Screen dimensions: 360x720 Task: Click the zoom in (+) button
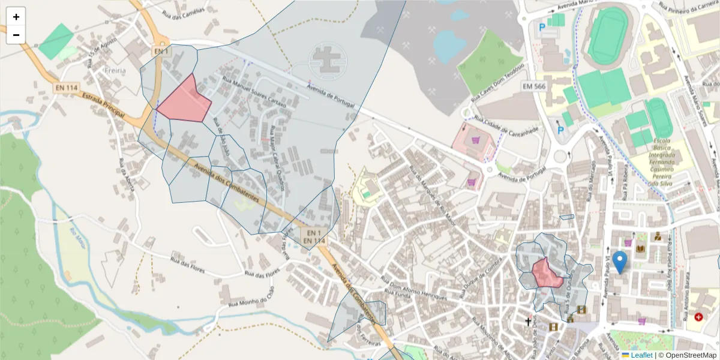16,17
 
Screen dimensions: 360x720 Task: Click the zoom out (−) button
16,35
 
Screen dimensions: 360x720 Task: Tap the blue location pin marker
619,262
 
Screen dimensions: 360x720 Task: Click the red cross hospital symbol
698,316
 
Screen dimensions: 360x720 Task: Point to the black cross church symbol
528,322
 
